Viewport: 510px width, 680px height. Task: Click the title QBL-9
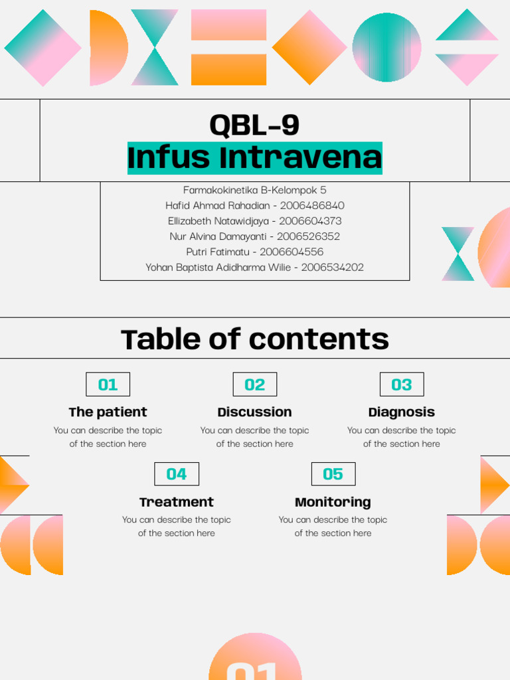[x=254, y=125]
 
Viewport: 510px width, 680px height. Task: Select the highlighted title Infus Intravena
[x=254, y=158]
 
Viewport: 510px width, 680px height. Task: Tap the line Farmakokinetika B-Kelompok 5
[x=254, y=190]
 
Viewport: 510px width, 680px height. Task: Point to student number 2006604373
[x=310, y=220]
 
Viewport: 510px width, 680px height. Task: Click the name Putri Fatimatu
[x=218, y=252]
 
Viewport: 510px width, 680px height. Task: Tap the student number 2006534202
[x=332, y=267]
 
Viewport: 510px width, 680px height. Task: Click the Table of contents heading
[x=254, y=339]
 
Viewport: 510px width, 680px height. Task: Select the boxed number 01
[x=108, y=384]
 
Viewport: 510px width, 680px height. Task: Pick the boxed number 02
[x=254, y=384]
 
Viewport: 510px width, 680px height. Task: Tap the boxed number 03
[x=401, y=384]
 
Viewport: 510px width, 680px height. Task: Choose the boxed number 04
[x=176, y=474]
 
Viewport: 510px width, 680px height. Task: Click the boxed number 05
[x=333, y=474]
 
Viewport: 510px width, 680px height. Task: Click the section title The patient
[x=108, y=412]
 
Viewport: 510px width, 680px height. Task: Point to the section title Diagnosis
[x=401, y=412]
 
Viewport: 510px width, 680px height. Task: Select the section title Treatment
[x=176, y=502]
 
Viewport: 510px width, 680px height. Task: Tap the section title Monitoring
[x=333, y=502]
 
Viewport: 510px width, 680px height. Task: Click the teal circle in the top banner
[x=386, y=47]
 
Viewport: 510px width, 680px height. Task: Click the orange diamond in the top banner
[x=309, y=47]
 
